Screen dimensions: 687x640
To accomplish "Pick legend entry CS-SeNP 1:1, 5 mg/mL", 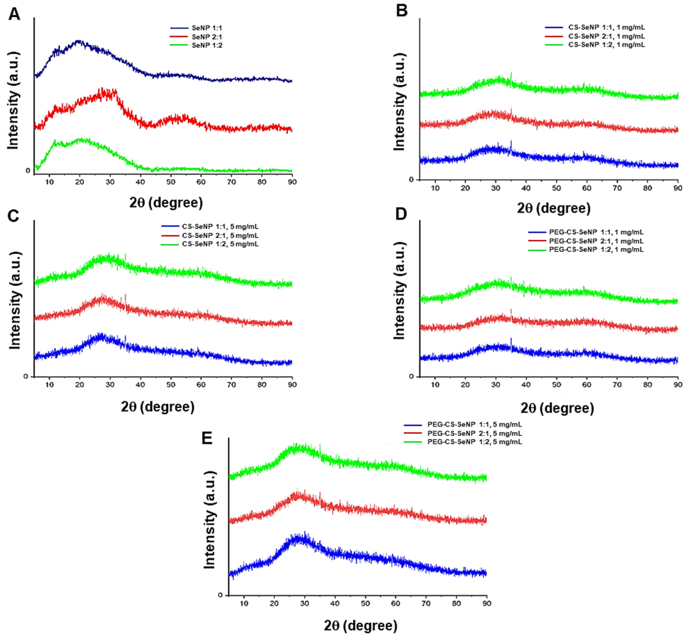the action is (x=220, y=227).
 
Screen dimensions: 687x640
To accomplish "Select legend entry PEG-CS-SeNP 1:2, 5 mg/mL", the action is (x=474, y=442).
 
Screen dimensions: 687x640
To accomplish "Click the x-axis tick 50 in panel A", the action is (x=171, y=182).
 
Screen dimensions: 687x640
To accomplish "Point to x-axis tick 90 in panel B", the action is (x=678, y=188).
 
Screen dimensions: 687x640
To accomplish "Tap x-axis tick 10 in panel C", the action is (x=49, y=384).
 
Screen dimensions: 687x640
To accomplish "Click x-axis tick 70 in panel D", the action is (x=617, y=384).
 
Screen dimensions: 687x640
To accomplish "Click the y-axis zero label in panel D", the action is (x=411, y=376).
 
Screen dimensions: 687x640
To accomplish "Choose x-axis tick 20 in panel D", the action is (x=466, y=384).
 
